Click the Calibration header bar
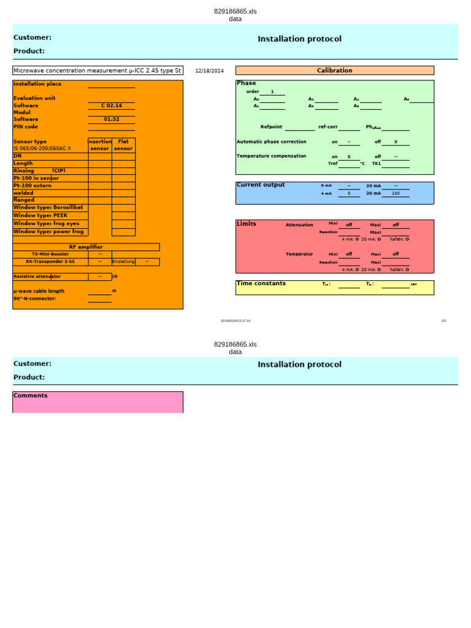pos(334,71)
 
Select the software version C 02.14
pos(111,105)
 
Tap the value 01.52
pos(111,120)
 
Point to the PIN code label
pos(26,127)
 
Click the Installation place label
pos(37,84)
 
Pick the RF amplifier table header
pos(86,247)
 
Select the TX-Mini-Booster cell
pos(50,254)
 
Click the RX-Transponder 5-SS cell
pos(50,261)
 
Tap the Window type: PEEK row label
pos(40,215)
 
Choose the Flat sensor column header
pos(123,145)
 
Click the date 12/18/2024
pos(209,71)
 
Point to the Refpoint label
pos(271,127)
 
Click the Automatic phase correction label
pos(271,142)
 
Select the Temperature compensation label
pos(271,156)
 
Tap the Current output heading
pos(261,185)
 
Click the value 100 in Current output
pos(396,193)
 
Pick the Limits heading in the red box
pos(247,224)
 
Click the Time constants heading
pos(261,283)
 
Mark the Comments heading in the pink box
pos(31,396)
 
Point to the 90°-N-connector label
pos(35,299)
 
